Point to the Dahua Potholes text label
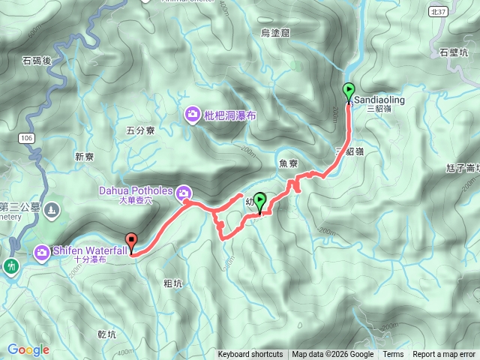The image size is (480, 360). coord(136,190)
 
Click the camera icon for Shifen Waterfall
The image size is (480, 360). coord(44,250)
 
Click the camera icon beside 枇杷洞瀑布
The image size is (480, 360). coord(192,114)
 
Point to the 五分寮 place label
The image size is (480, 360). coord(140,130)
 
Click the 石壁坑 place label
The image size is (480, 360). coord(454,52)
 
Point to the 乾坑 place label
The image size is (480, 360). coord(106,334)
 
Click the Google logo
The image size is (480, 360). coord(28,349)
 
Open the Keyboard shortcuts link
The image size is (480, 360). coord(250,355)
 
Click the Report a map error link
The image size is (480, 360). coord(444,355)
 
